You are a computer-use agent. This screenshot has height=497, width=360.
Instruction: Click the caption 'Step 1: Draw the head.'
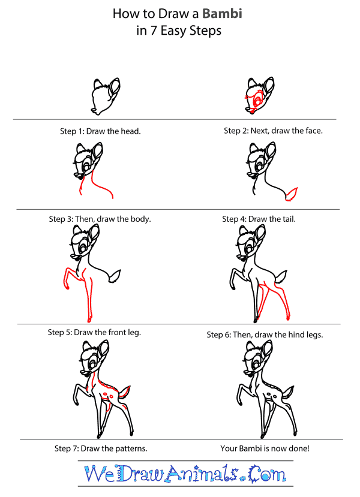coord(105,131)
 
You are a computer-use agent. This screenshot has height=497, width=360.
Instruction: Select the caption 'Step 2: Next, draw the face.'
coord(273,131)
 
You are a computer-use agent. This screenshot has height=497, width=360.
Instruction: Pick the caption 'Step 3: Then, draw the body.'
coord(100,219)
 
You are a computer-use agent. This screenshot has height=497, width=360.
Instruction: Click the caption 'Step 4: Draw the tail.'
coord(259,219)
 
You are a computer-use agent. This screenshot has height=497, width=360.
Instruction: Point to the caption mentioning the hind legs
coord(265,335)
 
